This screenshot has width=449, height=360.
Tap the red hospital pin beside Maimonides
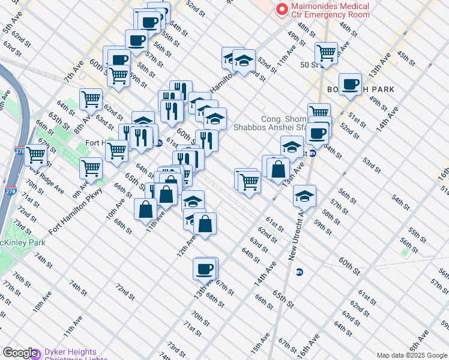[x=280, y=10]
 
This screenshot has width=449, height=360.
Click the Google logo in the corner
[x=20, y=353]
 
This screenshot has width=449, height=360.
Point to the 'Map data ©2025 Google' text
[x=412, y=355]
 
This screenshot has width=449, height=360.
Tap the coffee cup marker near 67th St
[x=205, y=268]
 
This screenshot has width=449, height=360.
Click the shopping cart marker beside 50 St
[x=326, y=53]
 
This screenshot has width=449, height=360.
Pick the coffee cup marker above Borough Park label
[x=349, y=84]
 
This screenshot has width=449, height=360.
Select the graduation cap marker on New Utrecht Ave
[x=304, y=196]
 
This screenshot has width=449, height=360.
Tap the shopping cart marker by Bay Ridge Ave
[x=35, y=154]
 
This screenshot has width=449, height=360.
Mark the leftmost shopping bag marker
[x=145, y=210]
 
